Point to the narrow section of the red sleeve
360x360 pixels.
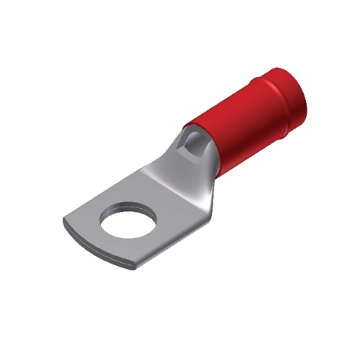coord(234,124)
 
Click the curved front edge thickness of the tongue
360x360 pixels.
coord(102,252)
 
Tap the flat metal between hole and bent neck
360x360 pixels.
coord(157,201)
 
